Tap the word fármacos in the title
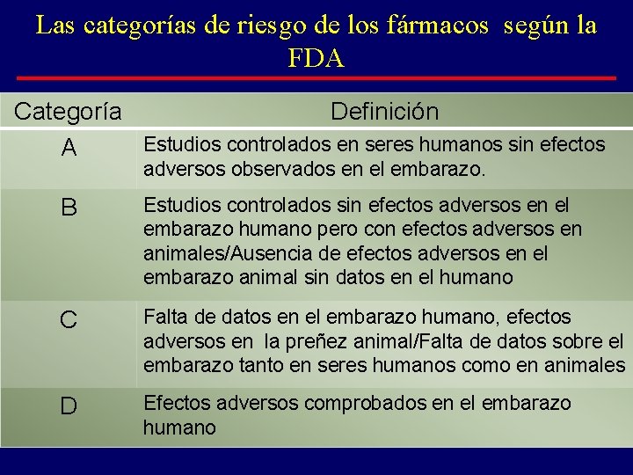tap(437, 26)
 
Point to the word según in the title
tap(533, 26)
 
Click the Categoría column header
tap(69, 112)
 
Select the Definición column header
tap(384, 112)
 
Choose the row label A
tap(69, 150)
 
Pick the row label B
tap(69, 208)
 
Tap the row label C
tap(69, 320)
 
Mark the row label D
tap(69, 406)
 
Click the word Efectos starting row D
tap(173, 404)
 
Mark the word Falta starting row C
tap(164, 317)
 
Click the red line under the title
tap(316, 78)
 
